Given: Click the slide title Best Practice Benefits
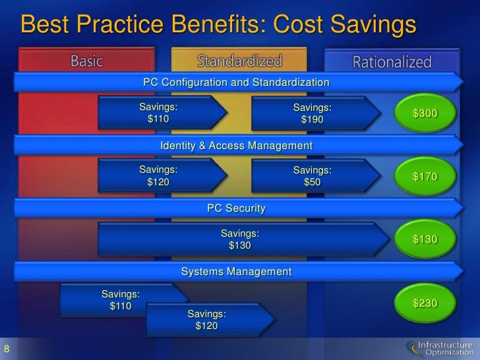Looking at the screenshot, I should point(219,25).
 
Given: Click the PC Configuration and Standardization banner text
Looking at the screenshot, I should point(236,82).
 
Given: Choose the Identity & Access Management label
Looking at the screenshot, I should point(236,145).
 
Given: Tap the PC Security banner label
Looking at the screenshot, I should point(236,208).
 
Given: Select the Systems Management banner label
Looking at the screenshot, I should point(236,271).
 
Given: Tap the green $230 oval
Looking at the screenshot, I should point(425,303).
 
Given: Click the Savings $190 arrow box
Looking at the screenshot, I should point(313,114).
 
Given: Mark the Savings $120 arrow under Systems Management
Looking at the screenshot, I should point(207,320).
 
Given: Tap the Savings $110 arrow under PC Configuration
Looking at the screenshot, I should point(158,113).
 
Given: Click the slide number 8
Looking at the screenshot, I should point(7,348).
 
